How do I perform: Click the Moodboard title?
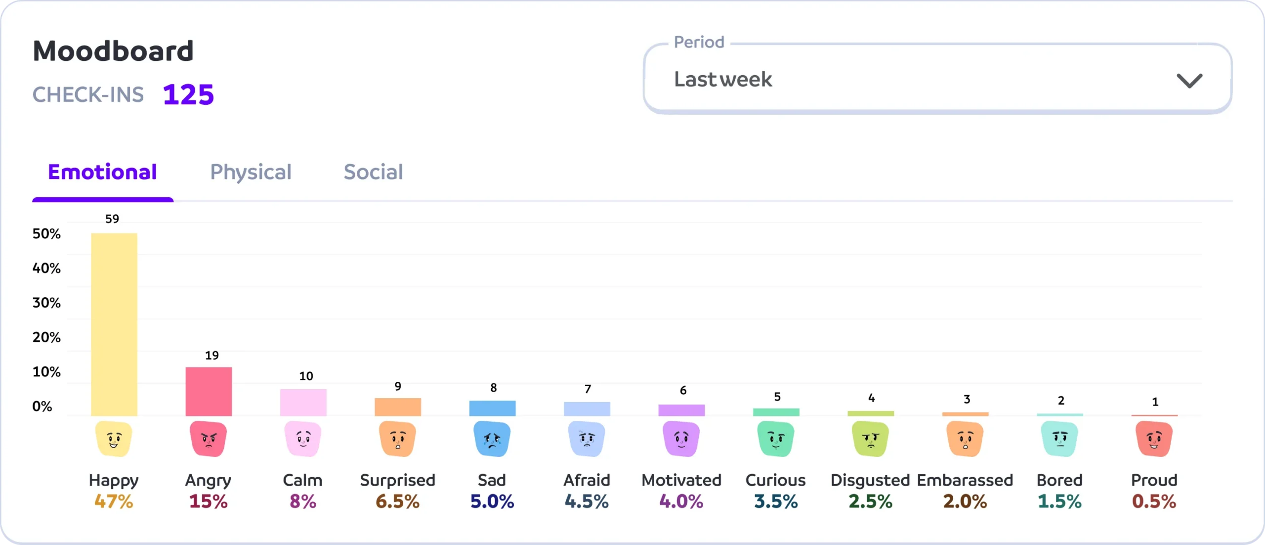tap(113, 51)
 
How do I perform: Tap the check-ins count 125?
tap(188, 94)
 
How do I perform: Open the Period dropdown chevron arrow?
tap(1189, 80)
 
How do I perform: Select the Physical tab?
tap(251, 172)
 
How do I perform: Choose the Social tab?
tap(373, 172)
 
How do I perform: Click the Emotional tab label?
tap(102, 172)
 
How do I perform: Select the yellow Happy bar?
tap(114, 324)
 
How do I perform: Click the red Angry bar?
tap(209, 391)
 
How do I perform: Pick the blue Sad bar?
tap(492, 408)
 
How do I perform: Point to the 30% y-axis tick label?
tap(46, 303)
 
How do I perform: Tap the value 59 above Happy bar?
tap(112, 219)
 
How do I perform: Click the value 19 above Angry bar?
tap(212, 355)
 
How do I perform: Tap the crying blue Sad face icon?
tap(492, 439)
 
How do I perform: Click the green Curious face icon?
tap(776, 439)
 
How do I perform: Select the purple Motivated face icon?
tap(681, 439)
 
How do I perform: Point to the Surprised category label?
tap(397, 480)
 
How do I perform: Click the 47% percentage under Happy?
tap(114, 501)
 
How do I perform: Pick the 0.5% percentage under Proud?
tap(1154, 501)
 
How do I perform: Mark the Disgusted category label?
tap(870, 480)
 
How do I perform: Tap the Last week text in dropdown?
tap(723, 79)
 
